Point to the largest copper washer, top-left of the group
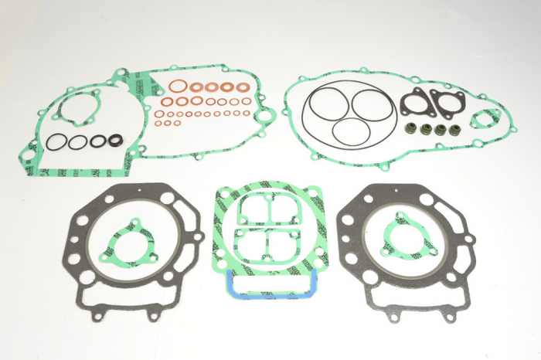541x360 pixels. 178,87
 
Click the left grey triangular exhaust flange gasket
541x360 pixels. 416,100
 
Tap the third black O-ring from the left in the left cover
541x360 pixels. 97,141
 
